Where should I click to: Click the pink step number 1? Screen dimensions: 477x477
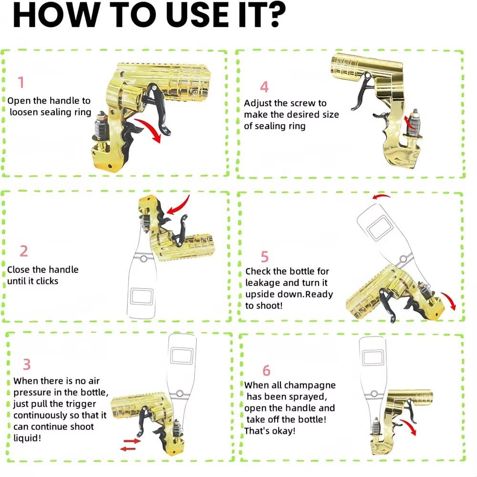[x=21, y=82]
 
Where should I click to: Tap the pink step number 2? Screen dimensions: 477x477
[x=24, y=251]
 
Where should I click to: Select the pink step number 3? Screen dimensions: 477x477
[x=27, y=364]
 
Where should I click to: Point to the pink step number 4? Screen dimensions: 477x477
[x=264, y=87]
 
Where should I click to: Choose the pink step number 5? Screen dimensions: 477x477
[x=265, y=257]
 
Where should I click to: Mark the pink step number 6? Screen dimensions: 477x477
[x=266, y=371]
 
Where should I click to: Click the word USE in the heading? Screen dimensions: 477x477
[x=198, y=15]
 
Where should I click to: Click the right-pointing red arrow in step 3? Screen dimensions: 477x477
[x=132, y=441]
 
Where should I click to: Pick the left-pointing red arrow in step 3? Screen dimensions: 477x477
[x=128, y=449]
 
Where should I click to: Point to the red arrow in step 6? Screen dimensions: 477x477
[x=409, y=426]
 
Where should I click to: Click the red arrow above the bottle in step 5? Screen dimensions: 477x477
[x=381, y=197]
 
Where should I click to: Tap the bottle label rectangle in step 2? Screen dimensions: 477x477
[x=142, y=296]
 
